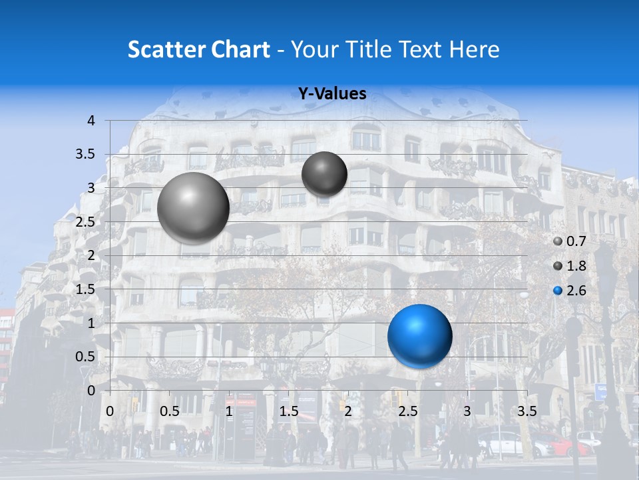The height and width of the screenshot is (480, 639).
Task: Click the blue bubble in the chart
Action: tap(419, 336)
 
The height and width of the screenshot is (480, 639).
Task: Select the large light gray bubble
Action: tap(193, 207)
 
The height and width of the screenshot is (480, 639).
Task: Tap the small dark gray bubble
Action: tap(324, 174)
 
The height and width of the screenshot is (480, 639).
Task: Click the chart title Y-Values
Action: tap(332, 94)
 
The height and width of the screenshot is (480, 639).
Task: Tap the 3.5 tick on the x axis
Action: tap(527, 410)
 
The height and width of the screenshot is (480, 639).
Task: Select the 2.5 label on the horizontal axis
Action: tap(407, 410)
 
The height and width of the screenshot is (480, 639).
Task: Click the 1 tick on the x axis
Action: tap(229, 410)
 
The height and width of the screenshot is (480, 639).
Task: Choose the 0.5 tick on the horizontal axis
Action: tap(169, 410)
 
